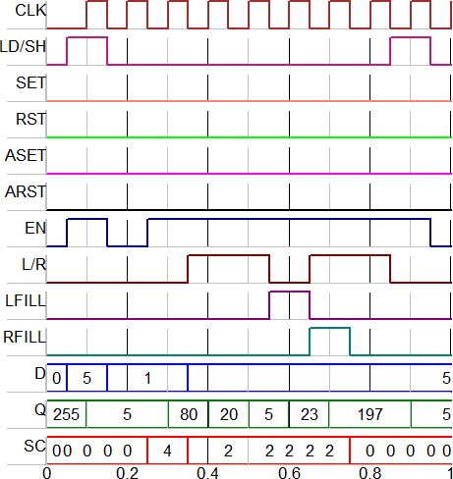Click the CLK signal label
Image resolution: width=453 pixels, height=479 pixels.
tap(30, 11)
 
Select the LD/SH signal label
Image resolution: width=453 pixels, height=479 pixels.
tap(23, 47)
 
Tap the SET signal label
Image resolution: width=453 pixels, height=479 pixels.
tap(31, 82)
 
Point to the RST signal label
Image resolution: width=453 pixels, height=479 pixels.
tap(31, 119)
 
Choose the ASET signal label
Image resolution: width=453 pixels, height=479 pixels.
tap(26, 155)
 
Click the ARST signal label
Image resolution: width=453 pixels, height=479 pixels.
tap(26, 191)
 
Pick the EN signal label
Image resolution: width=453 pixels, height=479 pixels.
tap(35, 228)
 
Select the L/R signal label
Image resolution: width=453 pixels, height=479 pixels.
tap(34, 264)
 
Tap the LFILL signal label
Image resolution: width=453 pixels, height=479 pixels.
tap(26, 300)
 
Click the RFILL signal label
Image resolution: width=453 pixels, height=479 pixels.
tap(25, 337)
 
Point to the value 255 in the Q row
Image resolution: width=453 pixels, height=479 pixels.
tap(66, 414)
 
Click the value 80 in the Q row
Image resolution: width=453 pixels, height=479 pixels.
tap(189, 414)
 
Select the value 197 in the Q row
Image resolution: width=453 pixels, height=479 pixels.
tap(370, 414)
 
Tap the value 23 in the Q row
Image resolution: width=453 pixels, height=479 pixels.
tap(310, 414)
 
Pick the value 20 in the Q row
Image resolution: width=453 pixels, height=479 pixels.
tap(229, 414)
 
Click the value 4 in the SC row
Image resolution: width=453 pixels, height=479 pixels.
tap(167, 451)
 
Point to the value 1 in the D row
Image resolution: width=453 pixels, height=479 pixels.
tap(147, 378)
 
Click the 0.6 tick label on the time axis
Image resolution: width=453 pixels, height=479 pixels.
tap(289, 473)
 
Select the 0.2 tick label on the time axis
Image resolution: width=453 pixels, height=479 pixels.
tap(128, 473)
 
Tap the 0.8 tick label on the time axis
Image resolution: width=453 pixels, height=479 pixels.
tap(370, 473)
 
